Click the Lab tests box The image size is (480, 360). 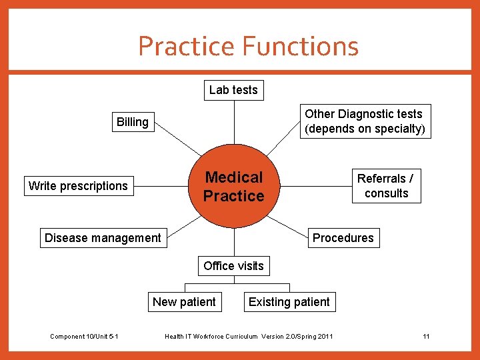pos(233,90)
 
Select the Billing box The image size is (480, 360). pos(133,122)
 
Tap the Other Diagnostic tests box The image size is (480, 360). pos(363,121)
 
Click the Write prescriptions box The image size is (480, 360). pos(78,186)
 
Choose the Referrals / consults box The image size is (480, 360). pos(386,186)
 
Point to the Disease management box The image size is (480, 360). pos(103,238)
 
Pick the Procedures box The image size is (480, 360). pos(343,238)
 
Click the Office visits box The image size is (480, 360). pos(233,266)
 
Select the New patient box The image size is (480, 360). pos(184,302)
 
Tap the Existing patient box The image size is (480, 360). pos(289,302)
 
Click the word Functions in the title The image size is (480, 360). pos(301,46)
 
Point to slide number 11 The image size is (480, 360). pos(426,337)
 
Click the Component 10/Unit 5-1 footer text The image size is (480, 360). pos(84,337)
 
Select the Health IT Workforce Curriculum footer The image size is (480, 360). pos(249,337)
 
